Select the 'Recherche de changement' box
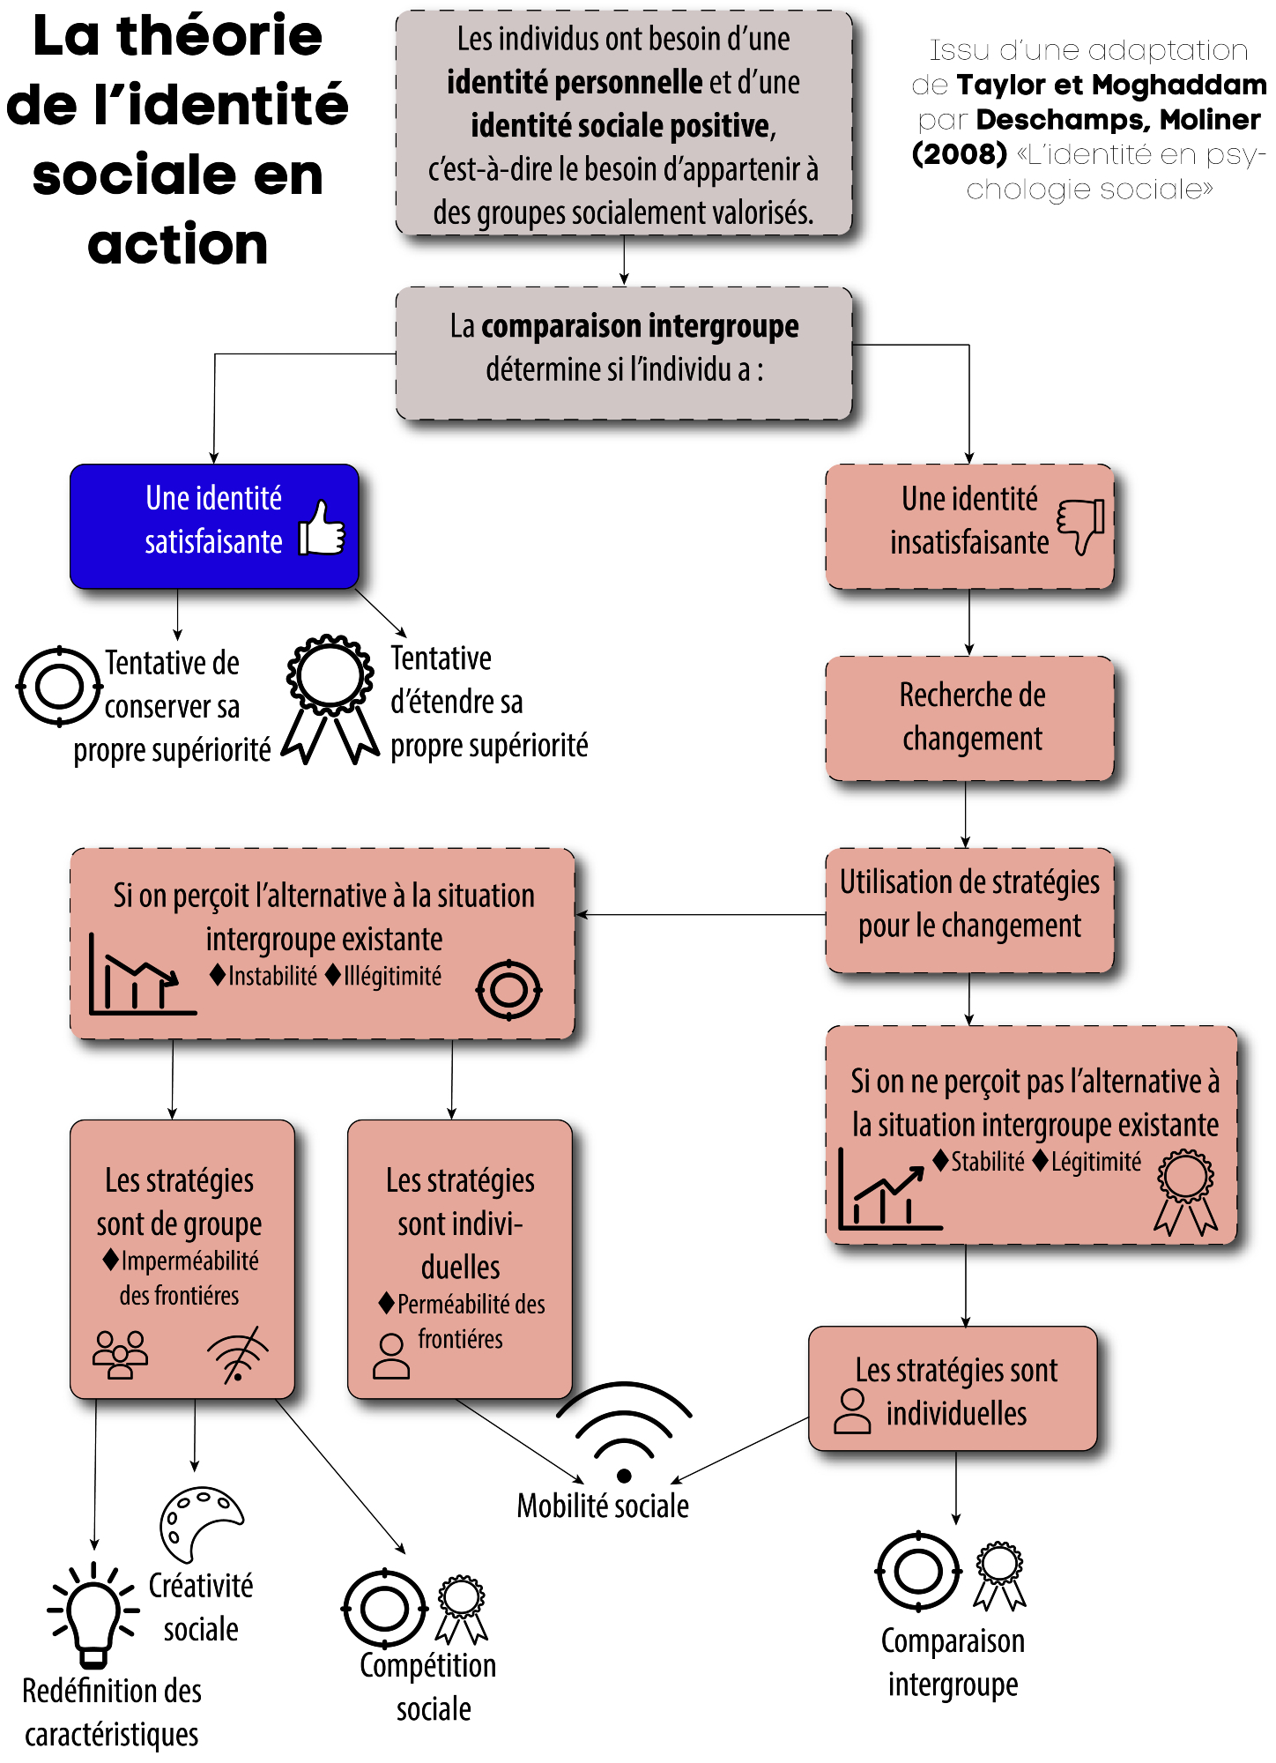click(x=970, y=718)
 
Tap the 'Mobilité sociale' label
click(x=603, y=1506)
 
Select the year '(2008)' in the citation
click(x=960, y=154)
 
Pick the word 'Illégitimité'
click(x=392, y=977)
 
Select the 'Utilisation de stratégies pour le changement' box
click(x=970, y=911)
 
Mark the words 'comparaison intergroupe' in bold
click(x=640, y=326)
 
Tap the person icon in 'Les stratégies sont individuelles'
click(x=852, y=1411)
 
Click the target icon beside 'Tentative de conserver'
click(x=59, y=687)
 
